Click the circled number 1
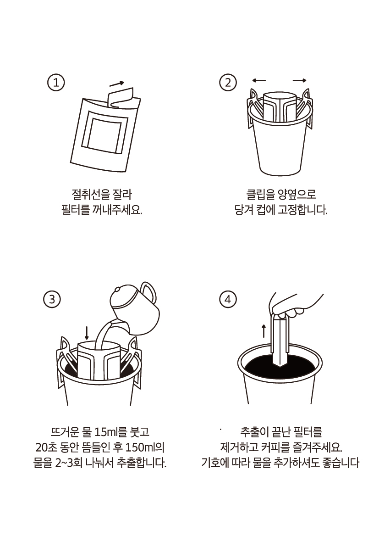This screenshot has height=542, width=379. [x=55, y=83]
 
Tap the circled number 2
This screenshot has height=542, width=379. [x=228, y=83]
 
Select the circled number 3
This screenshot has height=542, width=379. [x=52, y=299]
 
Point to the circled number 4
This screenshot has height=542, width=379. [x=228, y=299]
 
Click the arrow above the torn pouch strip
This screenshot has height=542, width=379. [x=117, y=84]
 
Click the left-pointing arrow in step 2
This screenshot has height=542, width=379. [x=259, y=80]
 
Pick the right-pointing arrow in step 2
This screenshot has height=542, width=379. [x=300, y=80]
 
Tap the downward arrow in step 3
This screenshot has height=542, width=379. [x=87, y=333]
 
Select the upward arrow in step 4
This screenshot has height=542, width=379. [x=264, y=331]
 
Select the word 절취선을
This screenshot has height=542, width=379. [x=90, y=194]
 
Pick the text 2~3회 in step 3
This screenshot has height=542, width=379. [x=68, y=463]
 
